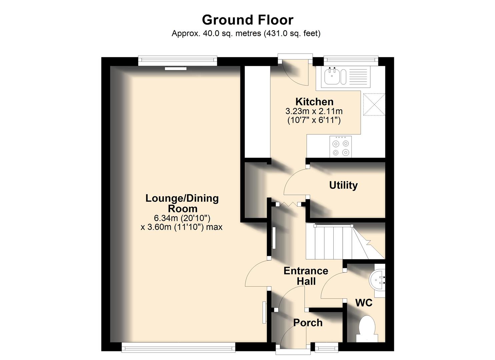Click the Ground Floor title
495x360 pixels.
pyautogui.click(x=247, y=20)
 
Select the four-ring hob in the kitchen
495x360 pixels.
pyautogui.click(x=341, y=147)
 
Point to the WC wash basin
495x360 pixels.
pyautogui.click(x=378, y=280)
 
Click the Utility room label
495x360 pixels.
pyautogui.click(x=343, y=185)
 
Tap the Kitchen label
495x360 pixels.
pyautogui.click(x=314, y=102)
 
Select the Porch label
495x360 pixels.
pyautogui.click(x=308, y=323)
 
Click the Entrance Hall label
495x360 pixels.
pyautogui.click(x=306, y=276)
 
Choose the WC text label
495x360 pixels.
pyautogui.click(x=364, y=303)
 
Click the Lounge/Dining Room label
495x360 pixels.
pyautogui.click(x=182, y=203)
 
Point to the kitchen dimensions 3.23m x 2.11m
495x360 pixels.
pyautogui.click(x=314, y=111)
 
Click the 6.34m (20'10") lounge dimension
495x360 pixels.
pyautogui.click(x=182, y=218)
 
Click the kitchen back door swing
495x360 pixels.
pyautogui.click(x=293, y=73)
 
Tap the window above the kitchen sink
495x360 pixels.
pyautogui.click(x=351, y=60)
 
